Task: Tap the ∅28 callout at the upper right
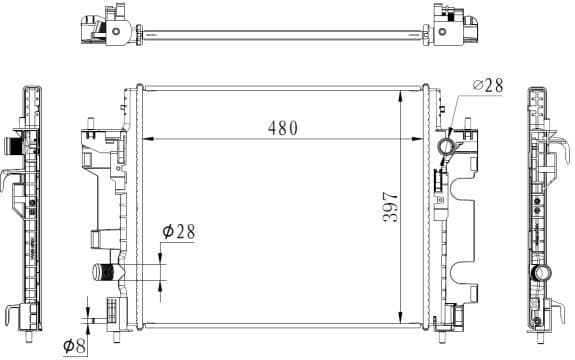[486, 87]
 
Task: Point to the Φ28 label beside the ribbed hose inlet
[178, 231]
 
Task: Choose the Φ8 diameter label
[74, 345]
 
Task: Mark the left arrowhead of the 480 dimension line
[145, 138]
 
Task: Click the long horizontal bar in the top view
[285, 39]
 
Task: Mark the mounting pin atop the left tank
[91, 127]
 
